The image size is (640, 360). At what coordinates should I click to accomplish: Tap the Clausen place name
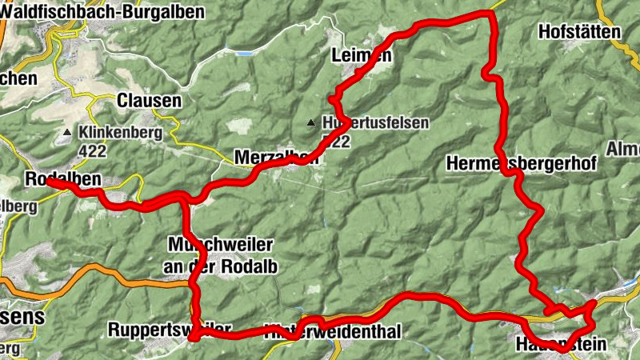click(149, 101)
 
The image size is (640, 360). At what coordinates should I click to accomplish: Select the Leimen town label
click(361, 55)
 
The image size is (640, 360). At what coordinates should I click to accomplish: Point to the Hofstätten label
click(580, 32)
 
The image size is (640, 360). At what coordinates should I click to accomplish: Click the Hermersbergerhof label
click(521, 164)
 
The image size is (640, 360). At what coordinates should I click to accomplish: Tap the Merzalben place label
click(276, 157)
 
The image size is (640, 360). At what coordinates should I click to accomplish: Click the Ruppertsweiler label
click(170, 329)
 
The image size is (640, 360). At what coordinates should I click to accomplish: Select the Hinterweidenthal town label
click(332, 330)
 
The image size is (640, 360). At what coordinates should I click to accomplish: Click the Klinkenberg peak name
click(121, 132)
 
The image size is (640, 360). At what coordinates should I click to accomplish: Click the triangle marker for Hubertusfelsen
click(310, 123)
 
